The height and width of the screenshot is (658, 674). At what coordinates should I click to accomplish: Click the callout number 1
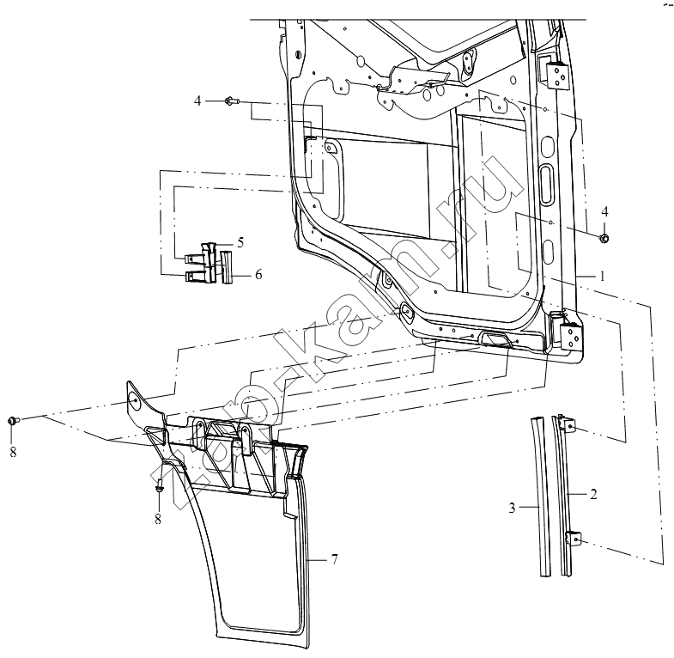pos(602,276)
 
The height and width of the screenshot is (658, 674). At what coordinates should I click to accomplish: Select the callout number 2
pos(593,494)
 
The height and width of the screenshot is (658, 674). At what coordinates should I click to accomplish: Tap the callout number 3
pos(512,508)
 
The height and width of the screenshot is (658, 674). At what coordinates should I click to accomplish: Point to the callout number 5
pos(240,242)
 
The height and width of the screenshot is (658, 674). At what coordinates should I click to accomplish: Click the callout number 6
pos(258,274)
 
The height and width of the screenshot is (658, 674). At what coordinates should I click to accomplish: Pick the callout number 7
pos(334,559)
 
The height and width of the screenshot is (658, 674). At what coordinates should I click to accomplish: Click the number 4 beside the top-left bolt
pos(197,101)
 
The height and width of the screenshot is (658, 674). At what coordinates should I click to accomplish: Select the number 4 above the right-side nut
pos(604,211)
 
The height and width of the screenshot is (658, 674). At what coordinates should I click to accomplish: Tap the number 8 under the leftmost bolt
pos(13,452)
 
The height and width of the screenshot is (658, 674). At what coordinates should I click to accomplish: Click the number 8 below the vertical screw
pos(158,519)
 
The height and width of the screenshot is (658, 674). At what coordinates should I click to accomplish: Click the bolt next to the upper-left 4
pos(231,101)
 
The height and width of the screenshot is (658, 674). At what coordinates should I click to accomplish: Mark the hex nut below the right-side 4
pos(604,238)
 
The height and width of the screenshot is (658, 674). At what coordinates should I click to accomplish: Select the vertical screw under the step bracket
pos(159,485)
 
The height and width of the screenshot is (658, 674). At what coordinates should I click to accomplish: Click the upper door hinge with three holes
pos(556,75)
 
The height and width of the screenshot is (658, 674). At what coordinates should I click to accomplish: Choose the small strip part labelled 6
pos(226,267)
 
